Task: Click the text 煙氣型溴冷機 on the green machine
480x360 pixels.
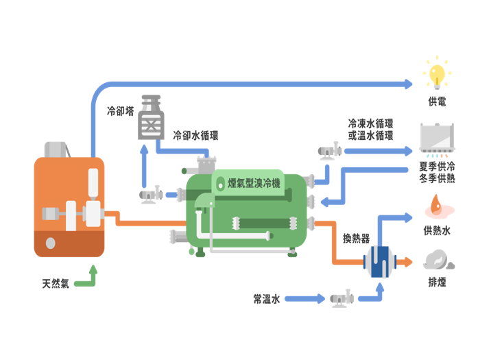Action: [254, 183]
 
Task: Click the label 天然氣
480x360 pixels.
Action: [56, 283]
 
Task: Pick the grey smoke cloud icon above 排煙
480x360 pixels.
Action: [437, 260]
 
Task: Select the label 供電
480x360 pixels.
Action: [437, 101]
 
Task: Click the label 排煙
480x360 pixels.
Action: [437, 282]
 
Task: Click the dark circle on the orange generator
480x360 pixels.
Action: [50, 243]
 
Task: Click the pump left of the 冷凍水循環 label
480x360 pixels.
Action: [330, 149]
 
